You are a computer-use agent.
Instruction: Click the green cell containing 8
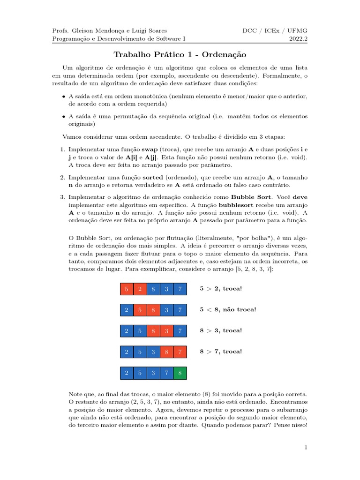(180, 373)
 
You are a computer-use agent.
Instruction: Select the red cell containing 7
(180, 352)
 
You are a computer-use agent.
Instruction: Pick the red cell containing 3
(167, 330)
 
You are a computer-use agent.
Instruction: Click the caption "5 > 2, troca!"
(221, 288)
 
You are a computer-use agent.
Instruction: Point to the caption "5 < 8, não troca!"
(228, 309)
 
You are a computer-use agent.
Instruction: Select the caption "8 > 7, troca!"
(221, 352)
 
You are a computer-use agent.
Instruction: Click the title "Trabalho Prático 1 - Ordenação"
(180, 55)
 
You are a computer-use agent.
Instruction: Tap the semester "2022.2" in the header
(299, 39)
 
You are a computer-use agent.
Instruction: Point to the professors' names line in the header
(109, 31)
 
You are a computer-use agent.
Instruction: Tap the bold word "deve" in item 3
(300, 197)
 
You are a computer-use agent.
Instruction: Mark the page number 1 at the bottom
(306, 448)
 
